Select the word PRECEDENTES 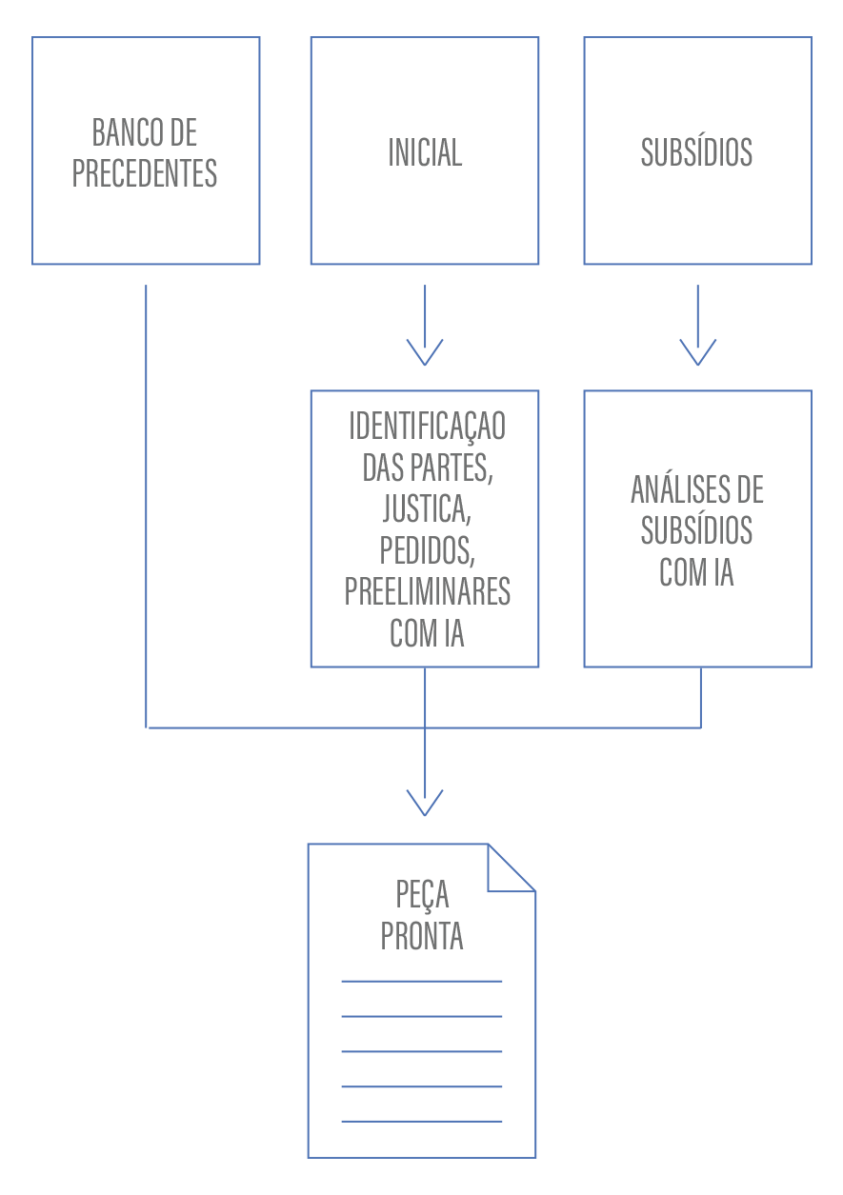point(145,173)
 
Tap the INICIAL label point(425,152)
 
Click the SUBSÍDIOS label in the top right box point(696,152)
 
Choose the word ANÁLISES point(674,490)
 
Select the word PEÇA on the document point(422,895)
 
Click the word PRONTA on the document point(422,937)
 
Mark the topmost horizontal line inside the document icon point(422,981)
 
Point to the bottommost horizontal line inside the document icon point(422,1121)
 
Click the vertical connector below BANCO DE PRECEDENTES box point(147,505)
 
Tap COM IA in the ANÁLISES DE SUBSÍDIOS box point(696,573)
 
